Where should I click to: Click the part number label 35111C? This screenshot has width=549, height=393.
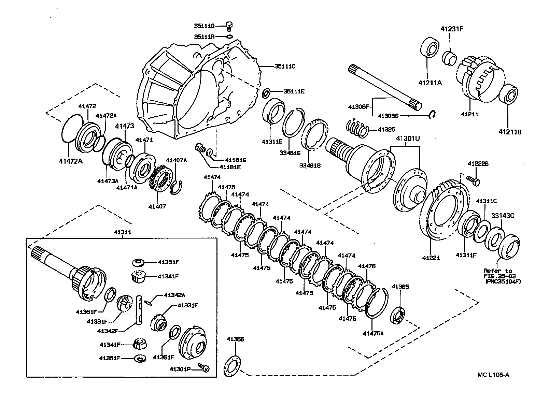[x=284, y=67]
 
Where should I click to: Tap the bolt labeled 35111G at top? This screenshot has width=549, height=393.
[x=229, y=25]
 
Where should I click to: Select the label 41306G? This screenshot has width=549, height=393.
[x=388, y=116]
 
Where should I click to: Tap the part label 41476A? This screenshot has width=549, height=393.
[x=373, y=333]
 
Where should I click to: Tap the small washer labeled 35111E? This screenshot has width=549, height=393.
[x=267, y=92]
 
